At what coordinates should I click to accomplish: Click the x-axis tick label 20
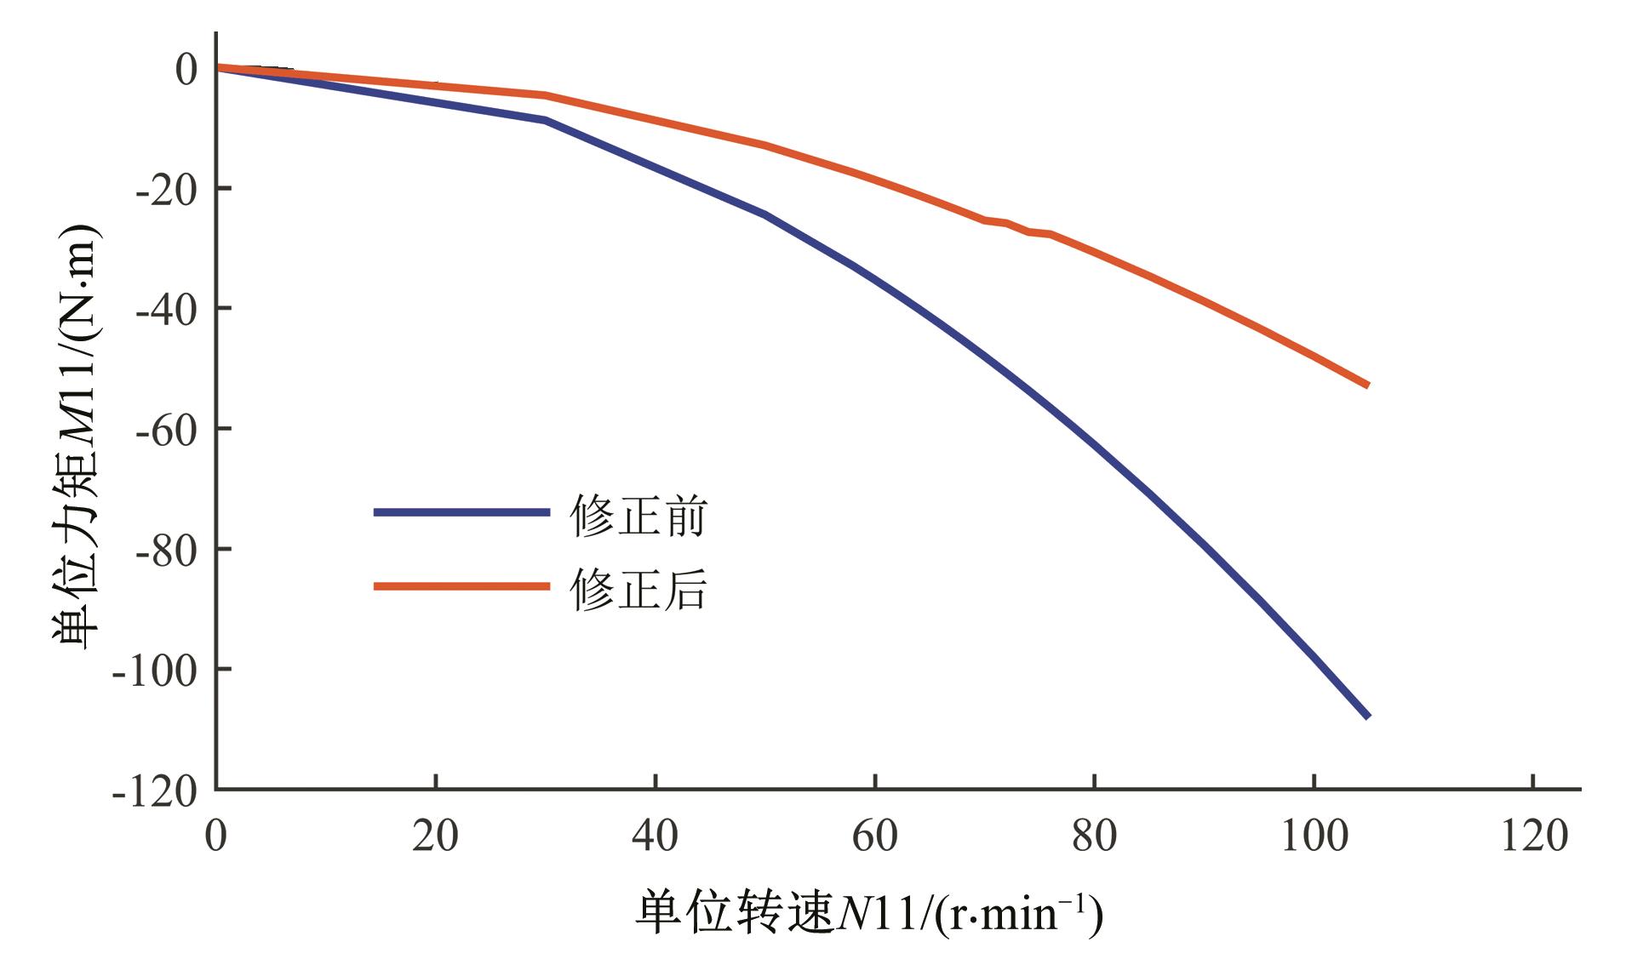(435, 836)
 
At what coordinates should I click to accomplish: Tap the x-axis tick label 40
(655, 836)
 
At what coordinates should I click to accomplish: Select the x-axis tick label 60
(874, 836)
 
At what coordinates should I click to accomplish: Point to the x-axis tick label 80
(1094, 836)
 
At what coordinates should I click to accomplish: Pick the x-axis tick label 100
(1314, 836)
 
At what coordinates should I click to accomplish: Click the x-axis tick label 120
(1533, 836)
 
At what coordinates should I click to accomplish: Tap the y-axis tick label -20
(166, 188)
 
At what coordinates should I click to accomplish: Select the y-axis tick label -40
(166, 308)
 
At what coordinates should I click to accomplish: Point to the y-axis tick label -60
(166, 429)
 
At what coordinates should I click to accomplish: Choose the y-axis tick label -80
(166, 549)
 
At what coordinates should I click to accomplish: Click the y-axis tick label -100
(155, 670)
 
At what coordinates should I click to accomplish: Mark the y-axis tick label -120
(155, 791)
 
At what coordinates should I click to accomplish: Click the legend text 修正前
(638, 516)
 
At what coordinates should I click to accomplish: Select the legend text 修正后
(638, 589)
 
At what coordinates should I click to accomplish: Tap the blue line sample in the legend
(461, 512)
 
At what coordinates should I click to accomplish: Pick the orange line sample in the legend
(461, 585)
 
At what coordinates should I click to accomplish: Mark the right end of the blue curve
(1367, 716)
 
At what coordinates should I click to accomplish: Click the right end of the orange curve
(1367, 385)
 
